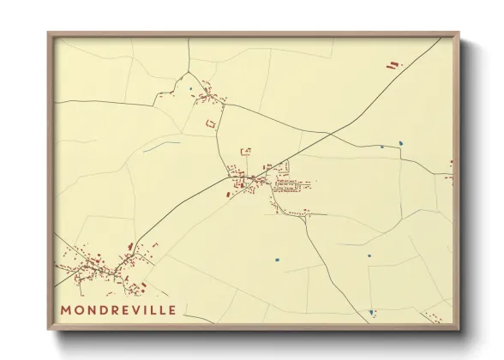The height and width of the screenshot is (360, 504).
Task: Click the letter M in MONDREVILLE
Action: pos(66,309)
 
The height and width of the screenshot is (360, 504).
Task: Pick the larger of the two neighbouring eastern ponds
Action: pos(401,141)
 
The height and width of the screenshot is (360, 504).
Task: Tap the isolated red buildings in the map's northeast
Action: pos(393,64)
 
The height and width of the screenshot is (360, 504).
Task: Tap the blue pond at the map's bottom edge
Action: pos(372,313)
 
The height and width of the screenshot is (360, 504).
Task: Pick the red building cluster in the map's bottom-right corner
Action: pos(438,319)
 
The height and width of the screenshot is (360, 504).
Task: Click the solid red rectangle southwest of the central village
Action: pos(229,195)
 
